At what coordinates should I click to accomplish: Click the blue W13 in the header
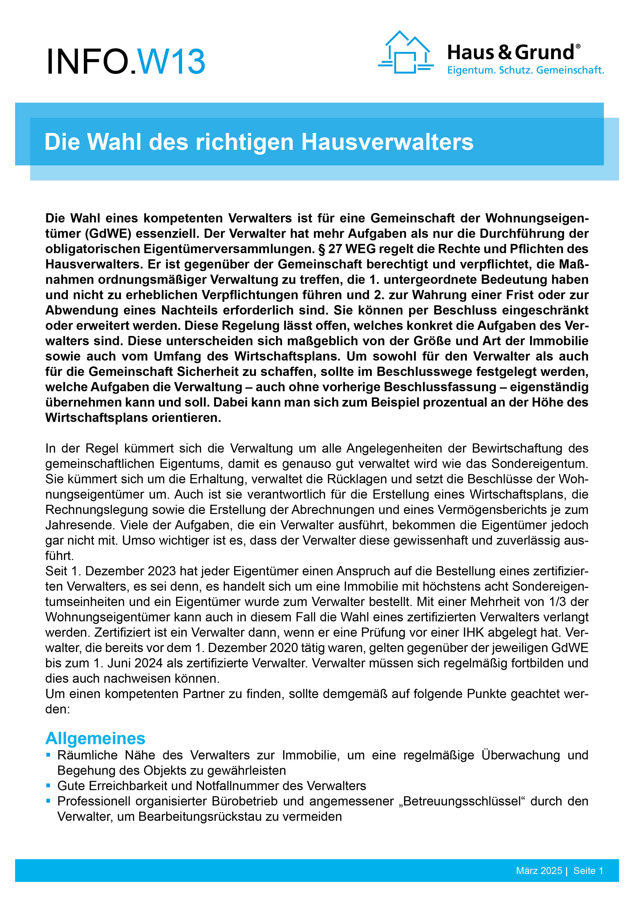point(172,61)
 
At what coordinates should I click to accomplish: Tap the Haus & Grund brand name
point(510,52)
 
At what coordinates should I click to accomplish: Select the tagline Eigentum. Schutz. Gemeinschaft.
point(525,70)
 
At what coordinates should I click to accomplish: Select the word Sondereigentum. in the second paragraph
point(539,464)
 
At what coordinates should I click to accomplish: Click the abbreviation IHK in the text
point(475,633)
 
